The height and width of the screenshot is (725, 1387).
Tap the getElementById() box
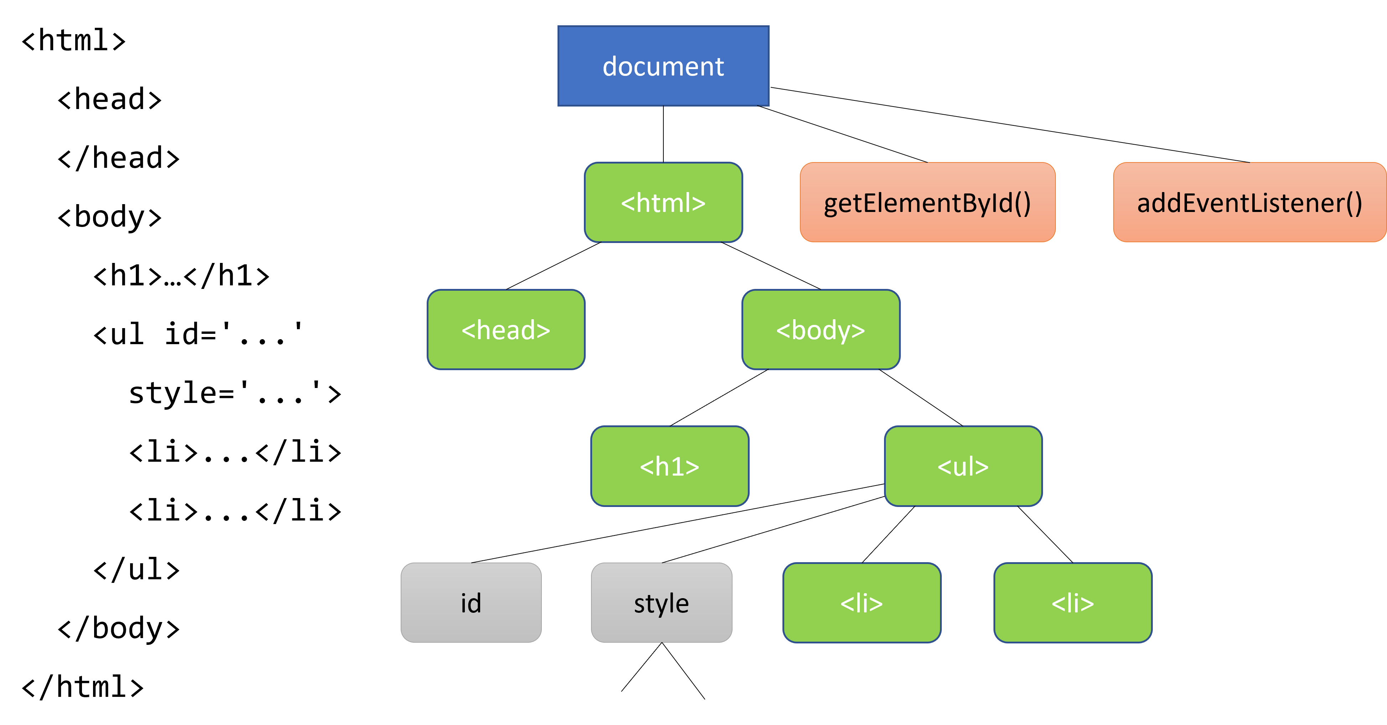click(x=927, y=202)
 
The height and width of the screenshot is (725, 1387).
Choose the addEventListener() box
click(x=1249, y=202)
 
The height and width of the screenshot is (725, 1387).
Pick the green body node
click(x=821, y=330)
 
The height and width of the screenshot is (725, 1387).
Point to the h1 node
click(x=669, y=466)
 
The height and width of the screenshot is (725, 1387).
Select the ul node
click(x=963, y=466)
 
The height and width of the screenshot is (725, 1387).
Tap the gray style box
click(x=661, y=603)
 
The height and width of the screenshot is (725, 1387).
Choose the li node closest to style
click(x=862, y=603)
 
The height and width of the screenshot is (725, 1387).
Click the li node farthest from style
click(x=1073, y=603)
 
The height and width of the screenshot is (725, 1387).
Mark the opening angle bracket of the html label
click(x=628, y=203)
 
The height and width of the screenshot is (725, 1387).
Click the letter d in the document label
click(x=610, y=66)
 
